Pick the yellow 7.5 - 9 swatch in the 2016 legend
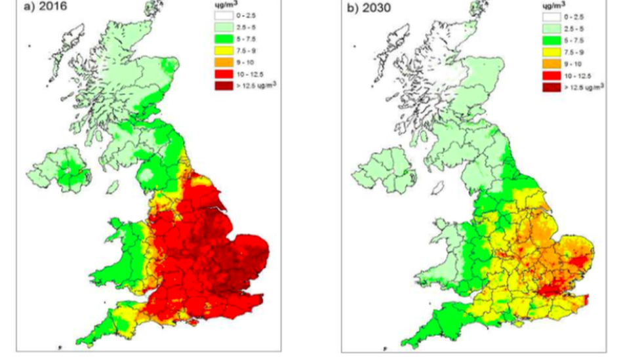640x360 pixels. (223, 51)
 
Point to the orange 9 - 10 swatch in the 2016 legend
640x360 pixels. (223, 63)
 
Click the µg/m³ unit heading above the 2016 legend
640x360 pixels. (223, 5)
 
